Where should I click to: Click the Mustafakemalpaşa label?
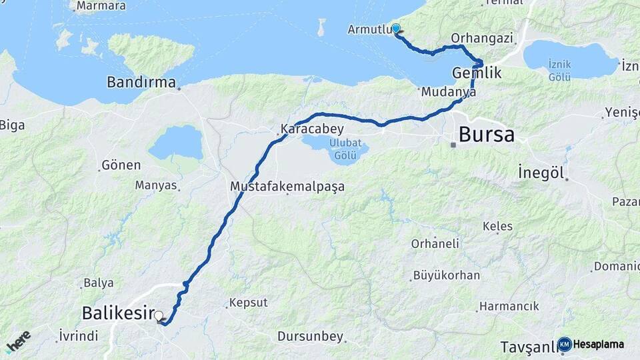coord(287,187)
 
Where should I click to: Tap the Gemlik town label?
coord(477,73)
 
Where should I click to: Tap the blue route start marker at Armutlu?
coord(396,29)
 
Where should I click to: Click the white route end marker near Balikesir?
coord(159,316)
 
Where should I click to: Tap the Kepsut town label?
coord(248,303)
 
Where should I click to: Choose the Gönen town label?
coord(121,165)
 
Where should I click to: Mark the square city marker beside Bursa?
coord(453,145)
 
